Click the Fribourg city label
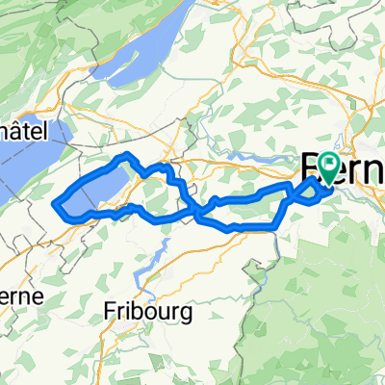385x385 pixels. tap(147, 313)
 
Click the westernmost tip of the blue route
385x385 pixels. tap(61, 203)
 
